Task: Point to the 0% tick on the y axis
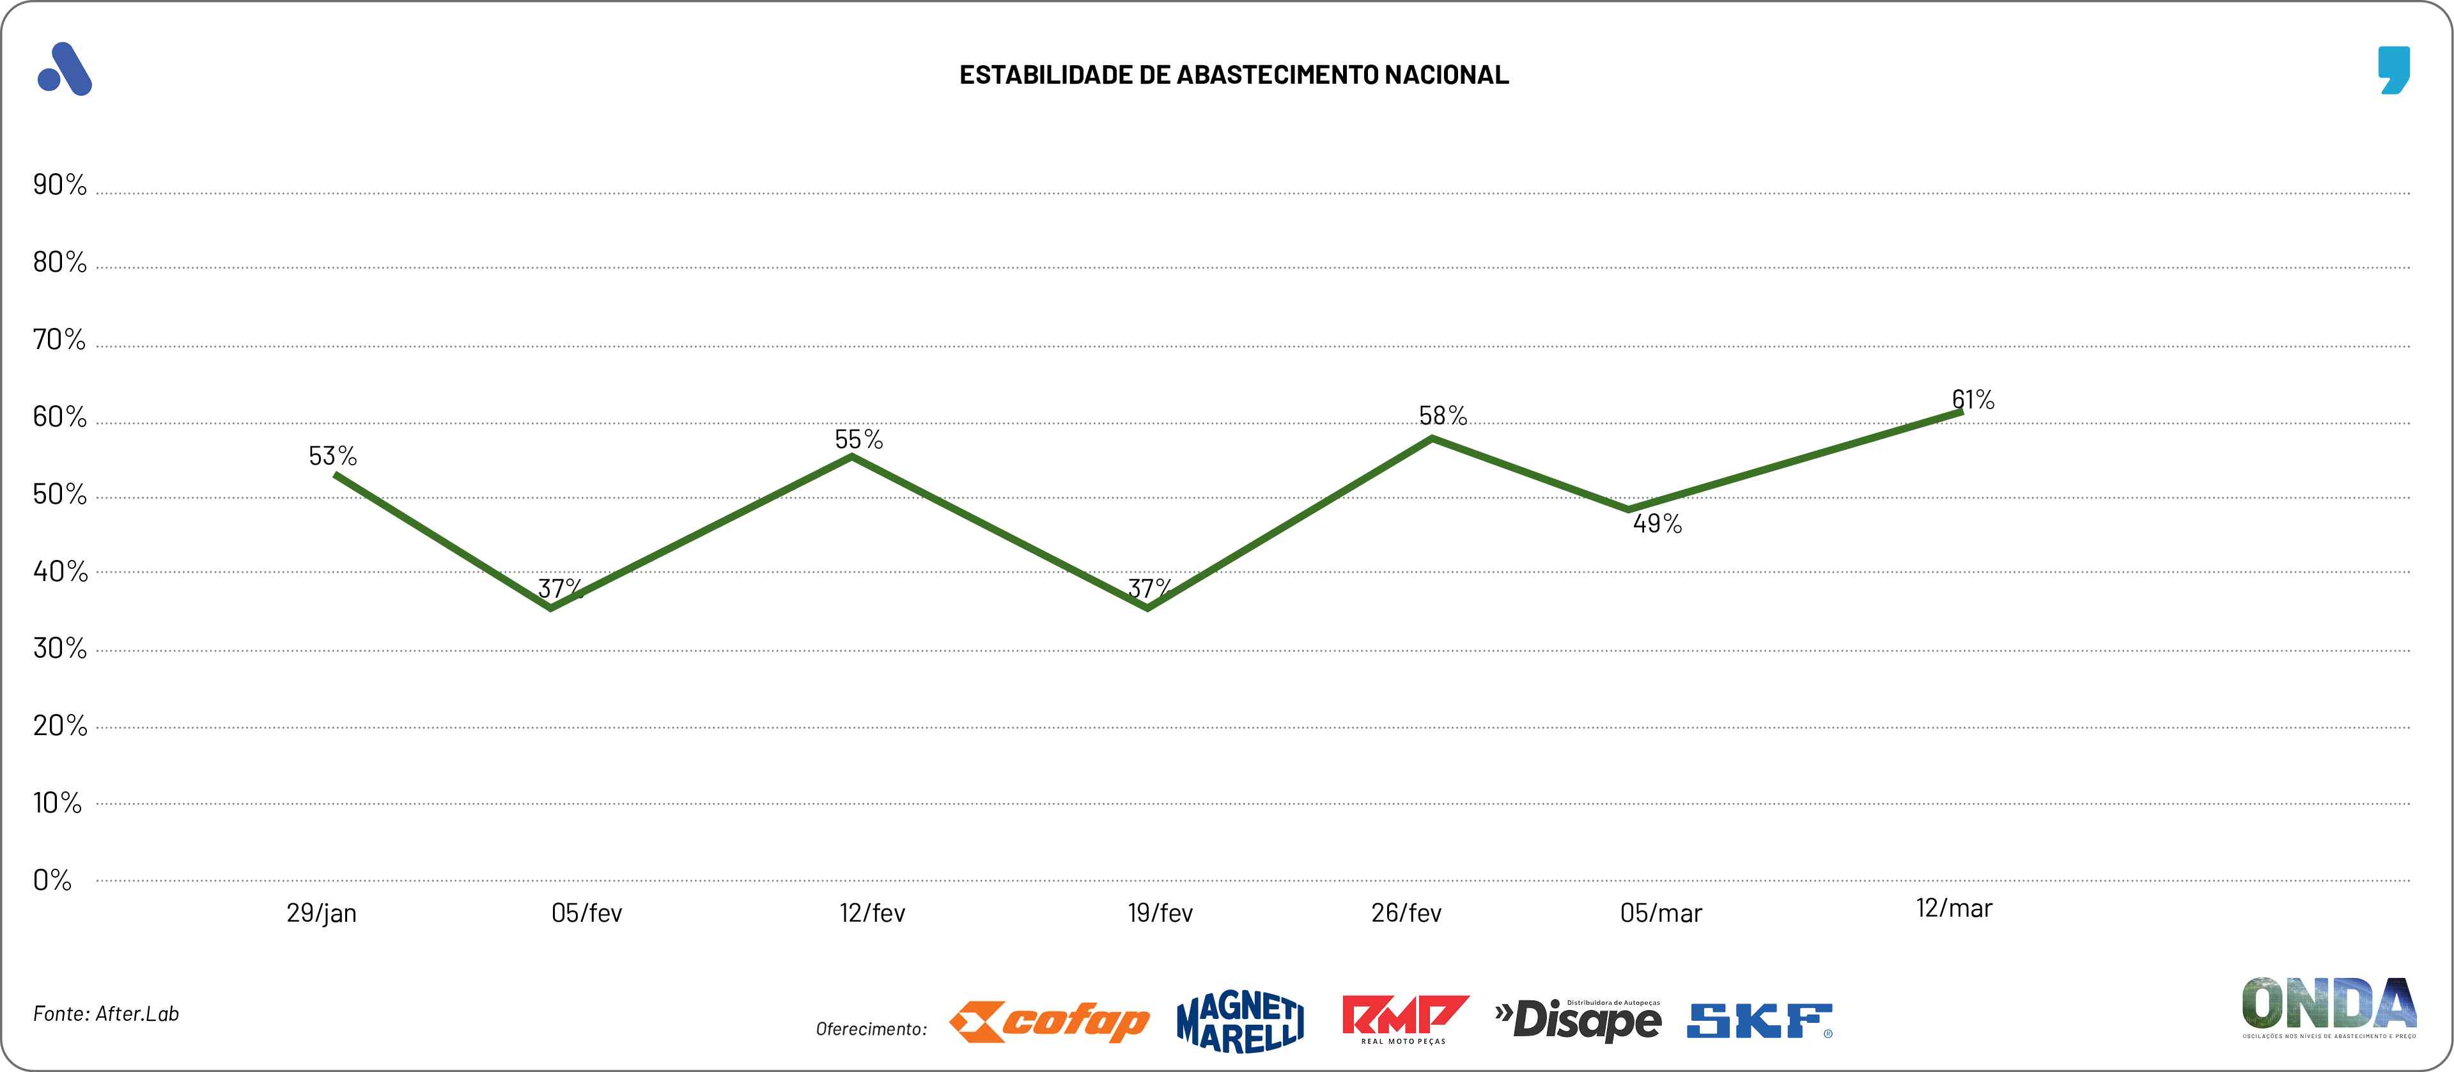[52, 880]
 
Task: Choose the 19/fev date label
[1160, 913]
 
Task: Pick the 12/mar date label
[1954, 908]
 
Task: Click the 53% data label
[332, 456]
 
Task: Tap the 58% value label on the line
[1442, 416]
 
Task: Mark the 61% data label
[1973, 400]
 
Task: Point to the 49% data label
[1658, 523]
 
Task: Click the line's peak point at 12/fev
[851, 456]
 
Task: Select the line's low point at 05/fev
[552, 607]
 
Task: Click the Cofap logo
[1049, 1022]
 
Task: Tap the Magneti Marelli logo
[1240, 1022]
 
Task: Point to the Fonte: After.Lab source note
[105, 1014]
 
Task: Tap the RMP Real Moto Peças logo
[1404, 1019]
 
